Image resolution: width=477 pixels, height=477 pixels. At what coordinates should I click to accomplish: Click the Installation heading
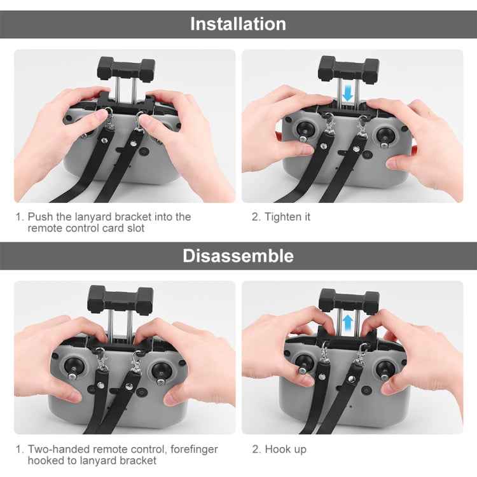coord(238,24)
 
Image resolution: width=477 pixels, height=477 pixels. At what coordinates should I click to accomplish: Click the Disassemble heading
coord(238,256)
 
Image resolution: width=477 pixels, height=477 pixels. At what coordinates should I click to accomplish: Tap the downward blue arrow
coord(347,93)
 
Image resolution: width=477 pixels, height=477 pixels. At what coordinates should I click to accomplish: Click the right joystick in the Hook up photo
coord(385,368)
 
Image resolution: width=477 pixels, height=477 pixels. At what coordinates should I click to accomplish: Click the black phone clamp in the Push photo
coord(125,67)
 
